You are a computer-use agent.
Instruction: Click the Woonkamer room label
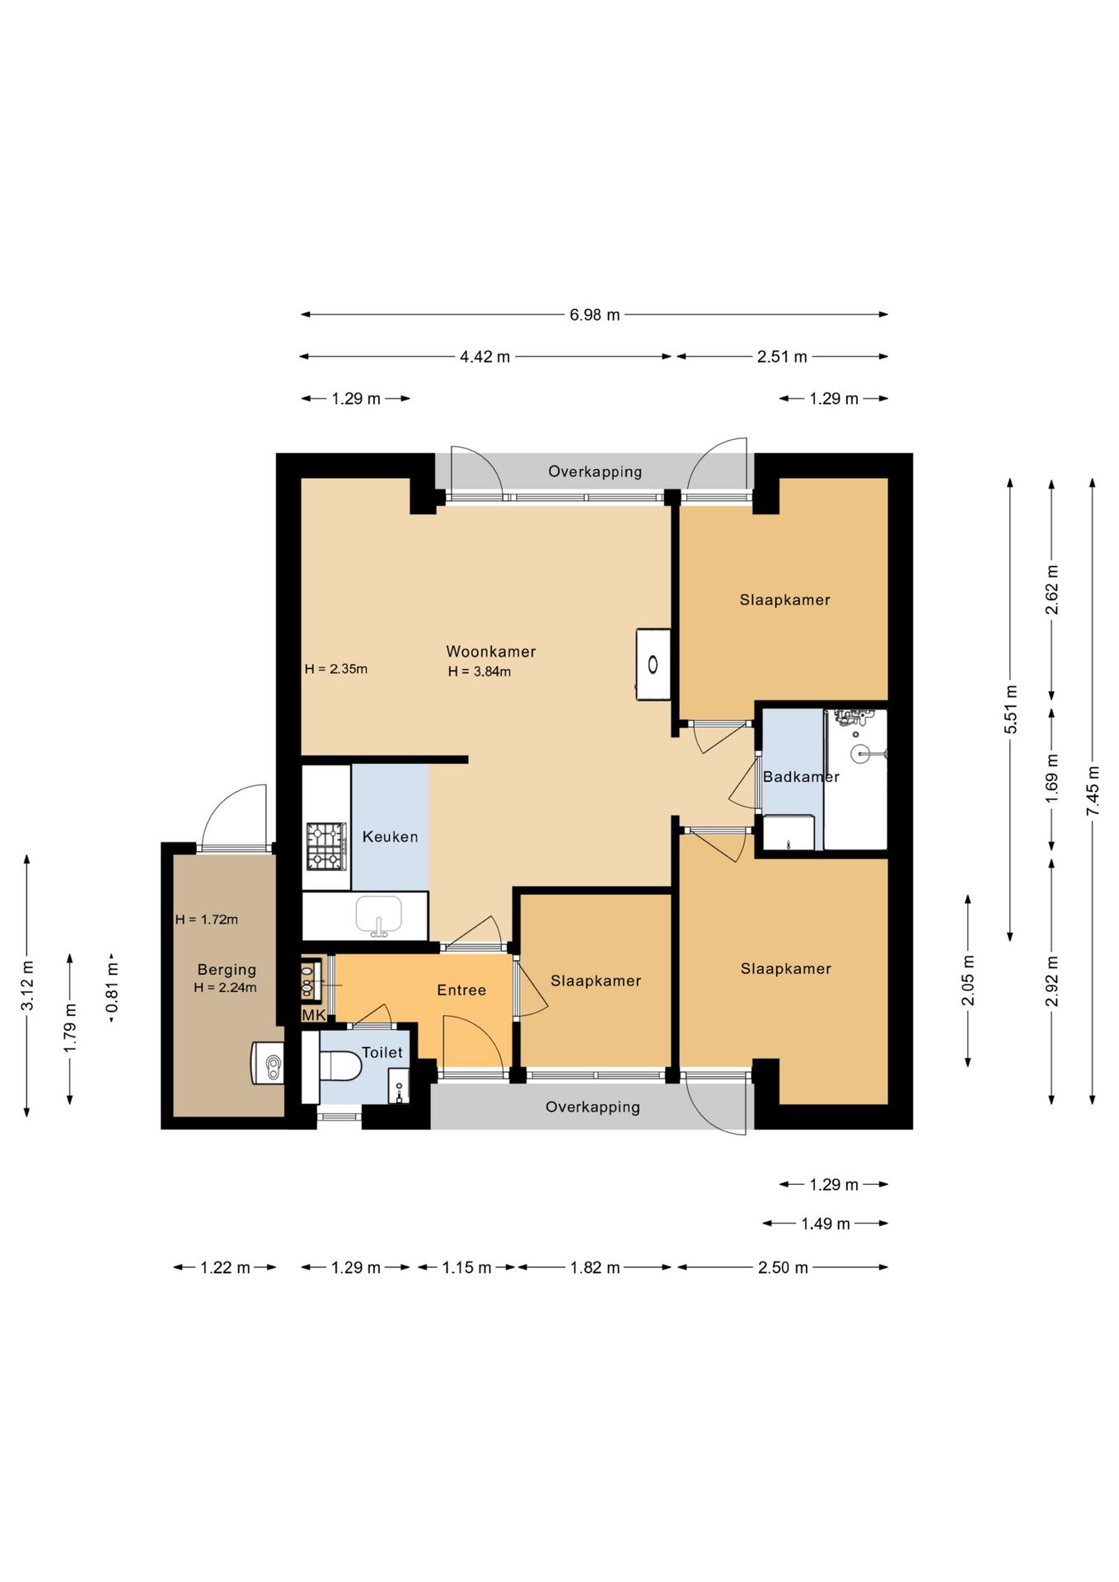(491, 652)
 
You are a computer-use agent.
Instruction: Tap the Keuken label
(390, 837)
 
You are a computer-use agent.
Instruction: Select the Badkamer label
(801, 777)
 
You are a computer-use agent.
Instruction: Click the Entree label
(461, 990)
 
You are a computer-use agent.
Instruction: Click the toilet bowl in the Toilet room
(340, 1065)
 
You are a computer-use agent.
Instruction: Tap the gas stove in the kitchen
(326, 846)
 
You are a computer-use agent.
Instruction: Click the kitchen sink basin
(378, 915)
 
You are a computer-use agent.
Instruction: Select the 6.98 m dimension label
(594, 315)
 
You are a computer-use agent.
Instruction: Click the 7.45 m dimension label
(1093, 791)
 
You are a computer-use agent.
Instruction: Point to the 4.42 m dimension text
(485, 357)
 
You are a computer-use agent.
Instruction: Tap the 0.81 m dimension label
(112, 987)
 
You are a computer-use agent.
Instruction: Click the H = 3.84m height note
(480, 672)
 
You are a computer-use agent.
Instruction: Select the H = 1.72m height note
(207, 920)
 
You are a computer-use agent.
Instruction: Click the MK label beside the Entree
(314, 1015)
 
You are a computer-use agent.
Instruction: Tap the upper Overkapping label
(595, 472)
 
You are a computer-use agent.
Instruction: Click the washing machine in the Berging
(268, 1064)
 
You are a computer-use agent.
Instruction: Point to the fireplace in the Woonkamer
(653, 664)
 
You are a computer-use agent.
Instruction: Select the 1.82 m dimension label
(595, 1267)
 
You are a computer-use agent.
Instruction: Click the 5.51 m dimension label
(1011, 709)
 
